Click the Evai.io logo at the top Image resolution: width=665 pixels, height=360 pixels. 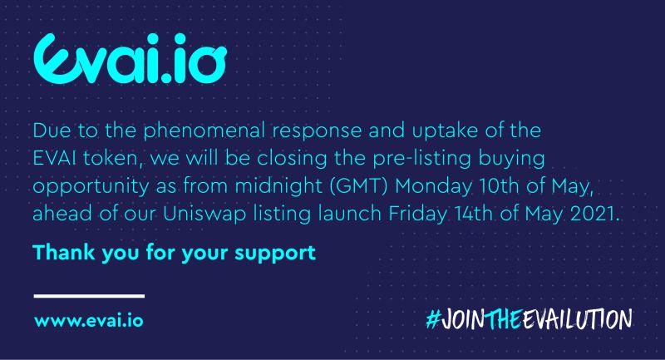pyautogui.click(x=130, y=56)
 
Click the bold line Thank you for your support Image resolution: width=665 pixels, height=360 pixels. pyautogui.click(x=175, y=252)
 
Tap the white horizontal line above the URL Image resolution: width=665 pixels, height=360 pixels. pyautogui.click(x=89, y=295)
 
